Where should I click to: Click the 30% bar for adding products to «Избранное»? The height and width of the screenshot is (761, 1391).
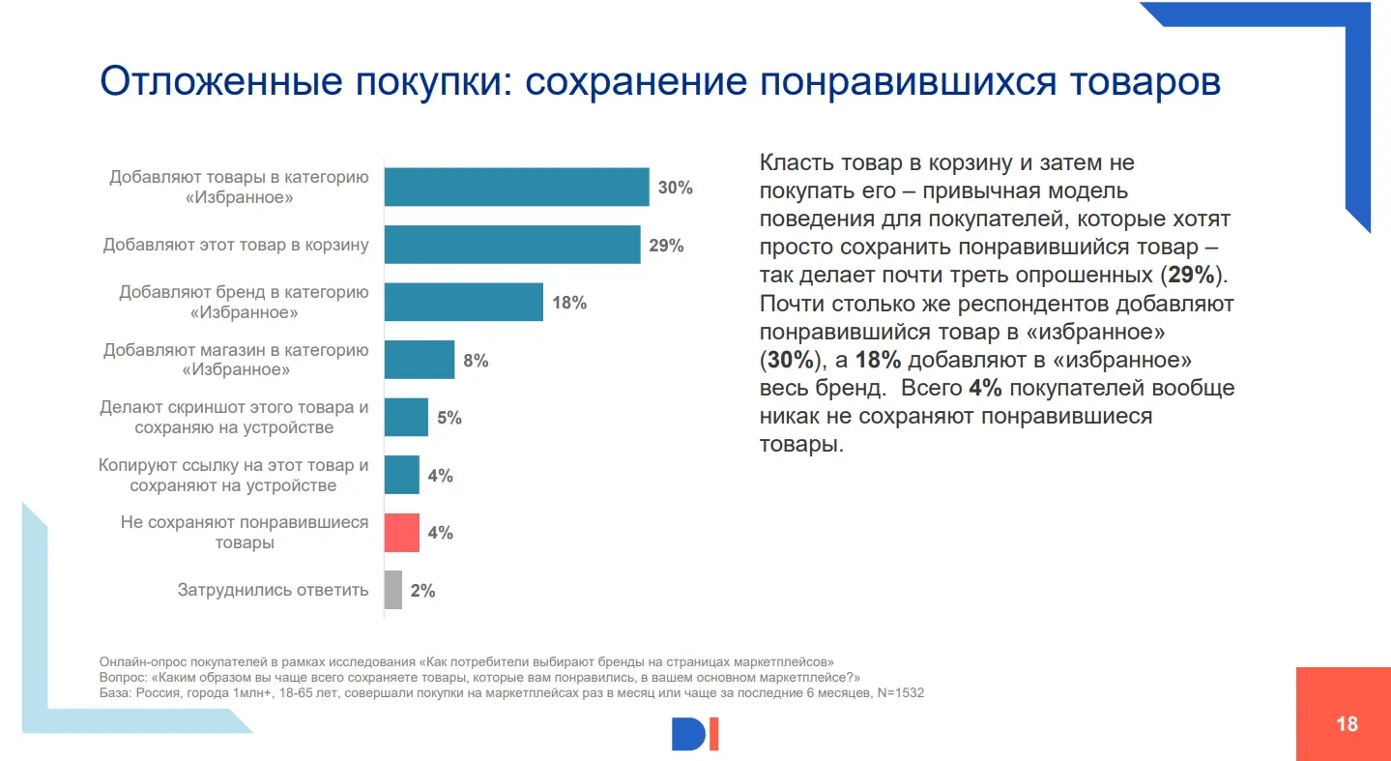tap(516, 187)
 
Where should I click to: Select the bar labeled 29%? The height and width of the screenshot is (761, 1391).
tap(512, 245)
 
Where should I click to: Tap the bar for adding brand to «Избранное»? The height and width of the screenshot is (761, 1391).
tap(463, 302)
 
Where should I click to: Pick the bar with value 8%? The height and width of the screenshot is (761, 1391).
tap(419, 360)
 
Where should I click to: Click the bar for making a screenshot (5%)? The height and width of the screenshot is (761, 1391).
tap(406, 417)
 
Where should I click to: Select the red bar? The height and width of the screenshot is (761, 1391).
tap(402, 532)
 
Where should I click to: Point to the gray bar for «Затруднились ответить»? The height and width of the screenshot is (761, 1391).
tap(392, 590)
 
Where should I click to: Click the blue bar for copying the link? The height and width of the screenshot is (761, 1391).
tap(402, 475)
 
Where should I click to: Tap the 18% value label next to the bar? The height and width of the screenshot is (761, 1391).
tap(569, 303)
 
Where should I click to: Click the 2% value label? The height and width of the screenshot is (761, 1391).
tap(422, 591)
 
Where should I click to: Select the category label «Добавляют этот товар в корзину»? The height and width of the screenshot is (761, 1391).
tap(236, 245)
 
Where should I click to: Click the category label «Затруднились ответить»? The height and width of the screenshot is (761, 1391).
tap(273, 590)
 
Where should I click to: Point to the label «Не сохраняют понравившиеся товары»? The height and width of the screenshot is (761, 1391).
tap(245, 532)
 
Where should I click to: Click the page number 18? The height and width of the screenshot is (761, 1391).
tap(1347, 723)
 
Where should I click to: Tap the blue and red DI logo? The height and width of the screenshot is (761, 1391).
tap(696, 734)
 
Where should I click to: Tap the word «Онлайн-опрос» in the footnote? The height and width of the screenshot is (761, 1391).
tap(134, 662)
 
